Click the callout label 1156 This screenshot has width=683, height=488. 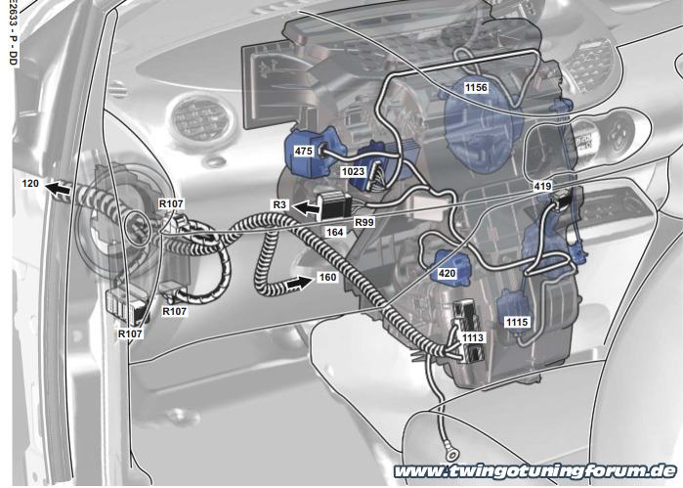[x=476, y=88]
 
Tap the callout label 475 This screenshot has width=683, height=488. [x=303, y=151]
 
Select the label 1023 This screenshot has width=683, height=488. [x=353, y=171]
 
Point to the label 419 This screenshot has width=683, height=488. [x=542, y=186]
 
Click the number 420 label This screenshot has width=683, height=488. [x=447, y=274]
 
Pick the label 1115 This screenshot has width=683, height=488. [x=517, y=323]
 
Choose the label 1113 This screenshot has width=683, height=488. [x=473, y=337]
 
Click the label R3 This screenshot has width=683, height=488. [x=279, y=205]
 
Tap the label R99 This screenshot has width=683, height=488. [x=364, y=222]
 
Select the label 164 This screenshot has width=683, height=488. [x=334, y=233]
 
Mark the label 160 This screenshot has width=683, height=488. [x=327, y=278]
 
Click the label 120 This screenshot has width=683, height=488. [x=30, y=184]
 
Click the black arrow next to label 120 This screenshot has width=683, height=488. [x=57, y=189]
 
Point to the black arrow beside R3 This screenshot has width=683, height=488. [x=305, y=208]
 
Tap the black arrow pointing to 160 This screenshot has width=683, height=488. [x=300, y=283]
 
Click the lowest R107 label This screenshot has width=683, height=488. [x=130, y=334]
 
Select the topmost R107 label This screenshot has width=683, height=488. [x=171, y=203]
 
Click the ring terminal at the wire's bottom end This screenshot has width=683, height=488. [x=452, y=455]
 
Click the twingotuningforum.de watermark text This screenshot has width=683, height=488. [x=534, y=471]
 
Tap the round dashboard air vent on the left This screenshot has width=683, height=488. [x=201, y=118]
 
